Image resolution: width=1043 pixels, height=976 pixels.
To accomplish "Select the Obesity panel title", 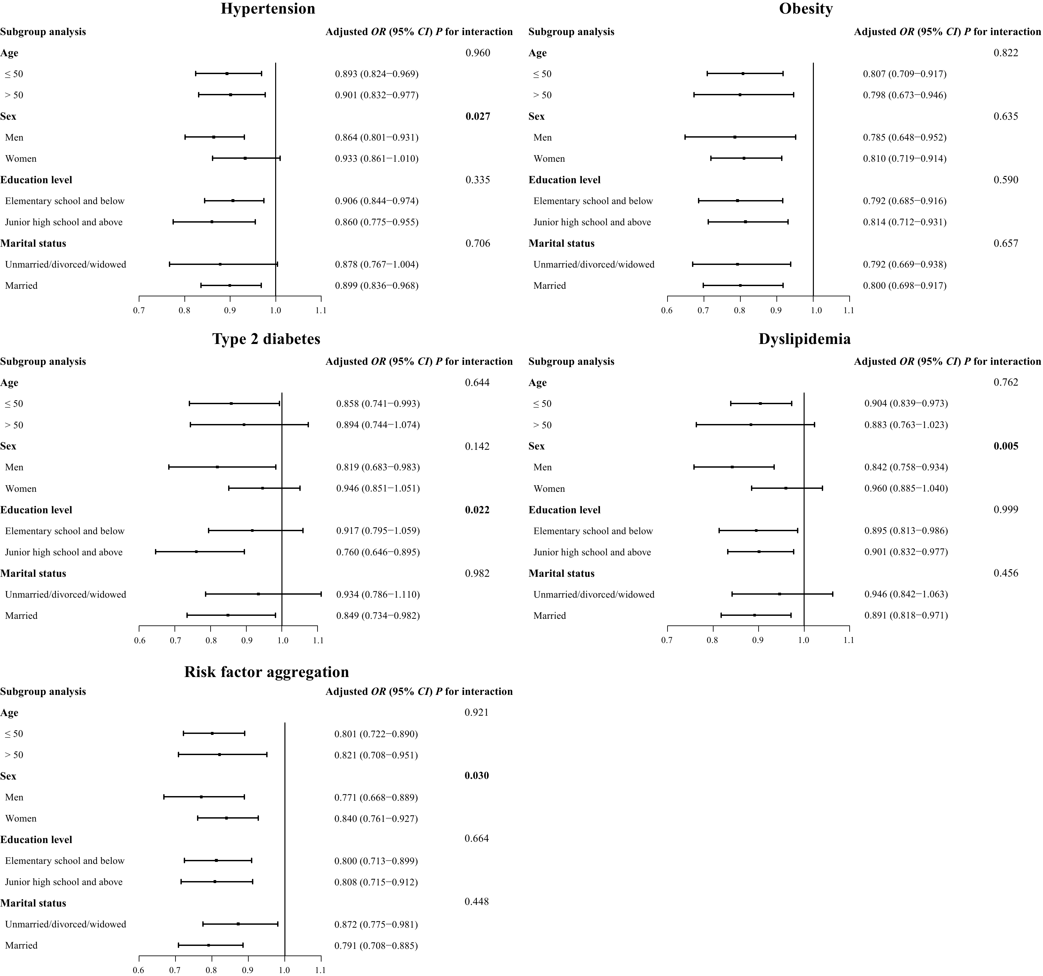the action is point(806,9).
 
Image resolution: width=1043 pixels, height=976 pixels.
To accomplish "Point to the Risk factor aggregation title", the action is point(267,672).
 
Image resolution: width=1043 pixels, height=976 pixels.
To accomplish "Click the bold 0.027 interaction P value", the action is point(477,116).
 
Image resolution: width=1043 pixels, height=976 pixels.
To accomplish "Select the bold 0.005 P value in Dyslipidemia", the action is point(1006,446).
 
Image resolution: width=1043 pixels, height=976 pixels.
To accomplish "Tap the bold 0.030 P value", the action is point(476,776).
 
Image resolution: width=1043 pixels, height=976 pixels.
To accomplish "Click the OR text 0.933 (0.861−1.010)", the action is point(377,158).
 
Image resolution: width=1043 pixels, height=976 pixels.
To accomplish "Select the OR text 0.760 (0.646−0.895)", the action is point(378,552).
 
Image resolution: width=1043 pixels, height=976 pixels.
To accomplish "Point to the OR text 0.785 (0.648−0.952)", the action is point(905,137).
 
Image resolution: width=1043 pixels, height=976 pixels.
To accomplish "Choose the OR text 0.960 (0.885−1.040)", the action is point(906,488).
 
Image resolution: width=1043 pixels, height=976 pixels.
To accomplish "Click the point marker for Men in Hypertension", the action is point(214,137).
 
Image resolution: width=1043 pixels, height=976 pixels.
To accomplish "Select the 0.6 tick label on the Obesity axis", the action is point(667,310).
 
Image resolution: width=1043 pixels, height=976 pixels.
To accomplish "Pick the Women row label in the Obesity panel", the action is point(549,159).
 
